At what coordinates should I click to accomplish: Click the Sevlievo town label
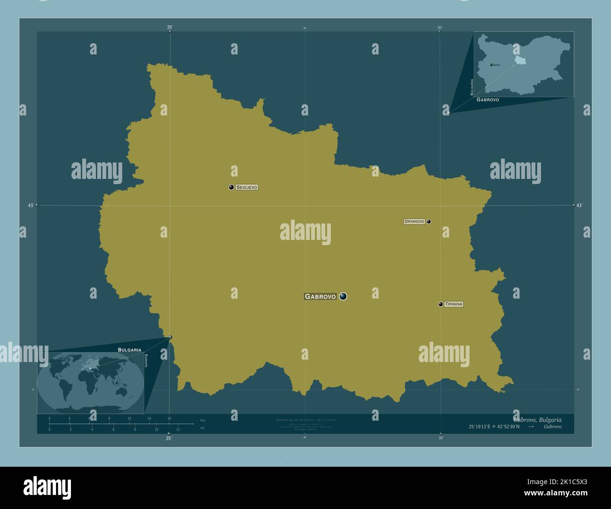[x=247, y=187]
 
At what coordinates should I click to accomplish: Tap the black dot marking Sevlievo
[x=231, y=187]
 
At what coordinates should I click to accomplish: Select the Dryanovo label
[x=415, y=221]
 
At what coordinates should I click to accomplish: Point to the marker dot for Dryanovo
[x=429, y=221]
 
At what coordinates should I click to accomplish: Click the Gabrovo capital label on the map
[x=321, y=296]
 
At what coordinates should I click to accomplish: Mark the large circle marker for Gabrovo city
[x=343, y=296]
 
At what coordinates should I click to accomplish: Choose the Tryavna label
[x=454, y=304]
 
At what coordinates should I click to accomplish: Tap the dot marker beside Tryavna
[x=440, y=304]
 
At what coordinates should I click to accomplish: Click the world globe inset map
[x=91, y=382]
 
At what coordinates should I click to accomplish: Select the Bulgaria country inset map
[x=524, y=64]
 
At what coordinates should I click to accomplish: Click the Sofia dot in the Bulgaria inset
[x=491, y=64]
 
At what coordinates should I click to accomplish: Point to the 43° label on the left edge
[x=31, y=205]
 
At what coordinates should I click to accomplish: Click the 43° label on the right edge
[x=580, y=205]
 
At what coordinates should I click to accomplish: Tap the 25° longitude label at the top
[x=170, y=28]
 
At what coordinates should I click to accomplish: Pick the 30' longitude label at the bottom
[x=441, y=438]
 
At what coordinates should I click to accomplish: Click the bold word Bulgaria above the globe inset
[x=130, y=350]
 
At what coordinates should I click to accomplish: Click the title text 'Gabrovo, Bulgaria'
[x=537, y=419]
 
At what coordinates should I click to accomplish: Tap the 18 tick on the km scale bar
[x=169, y=418]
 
